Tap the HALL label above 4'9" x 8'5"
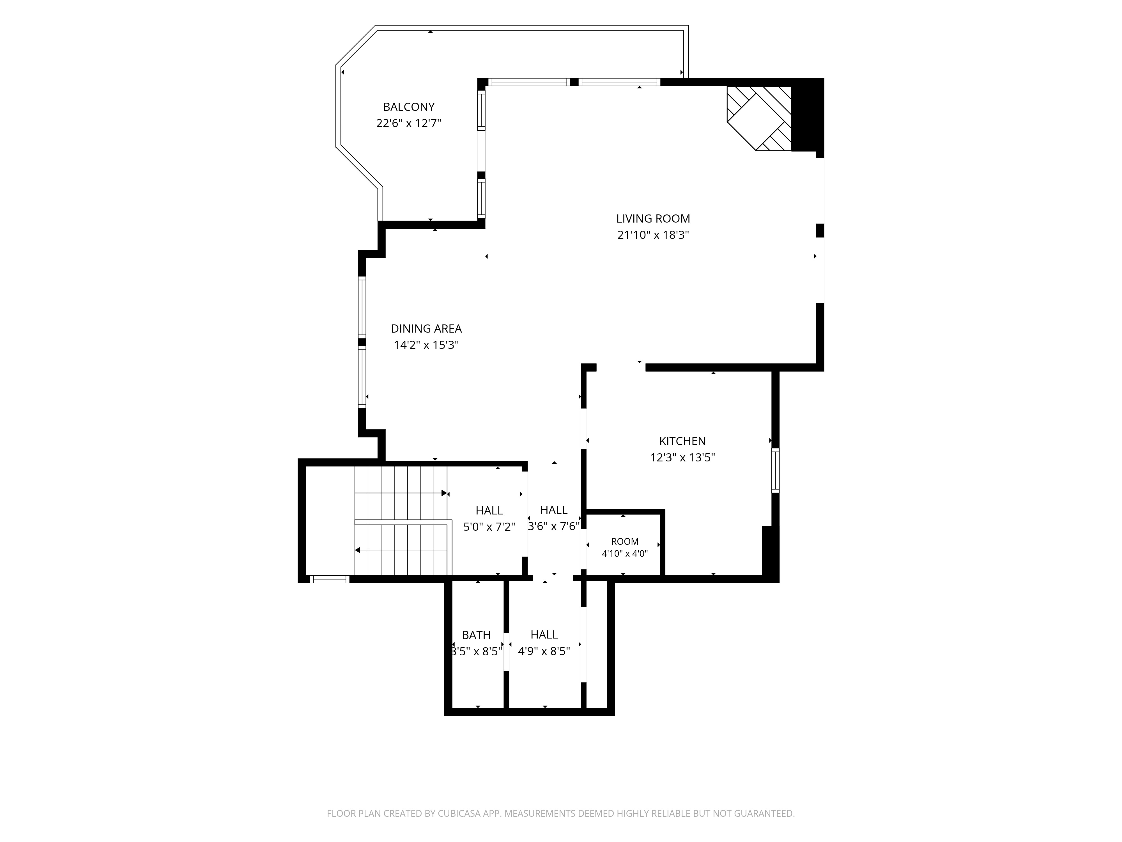(544, 634)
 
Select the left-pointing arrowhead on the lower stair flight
(358, 550)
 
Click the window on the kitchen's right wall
(775, 470)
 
